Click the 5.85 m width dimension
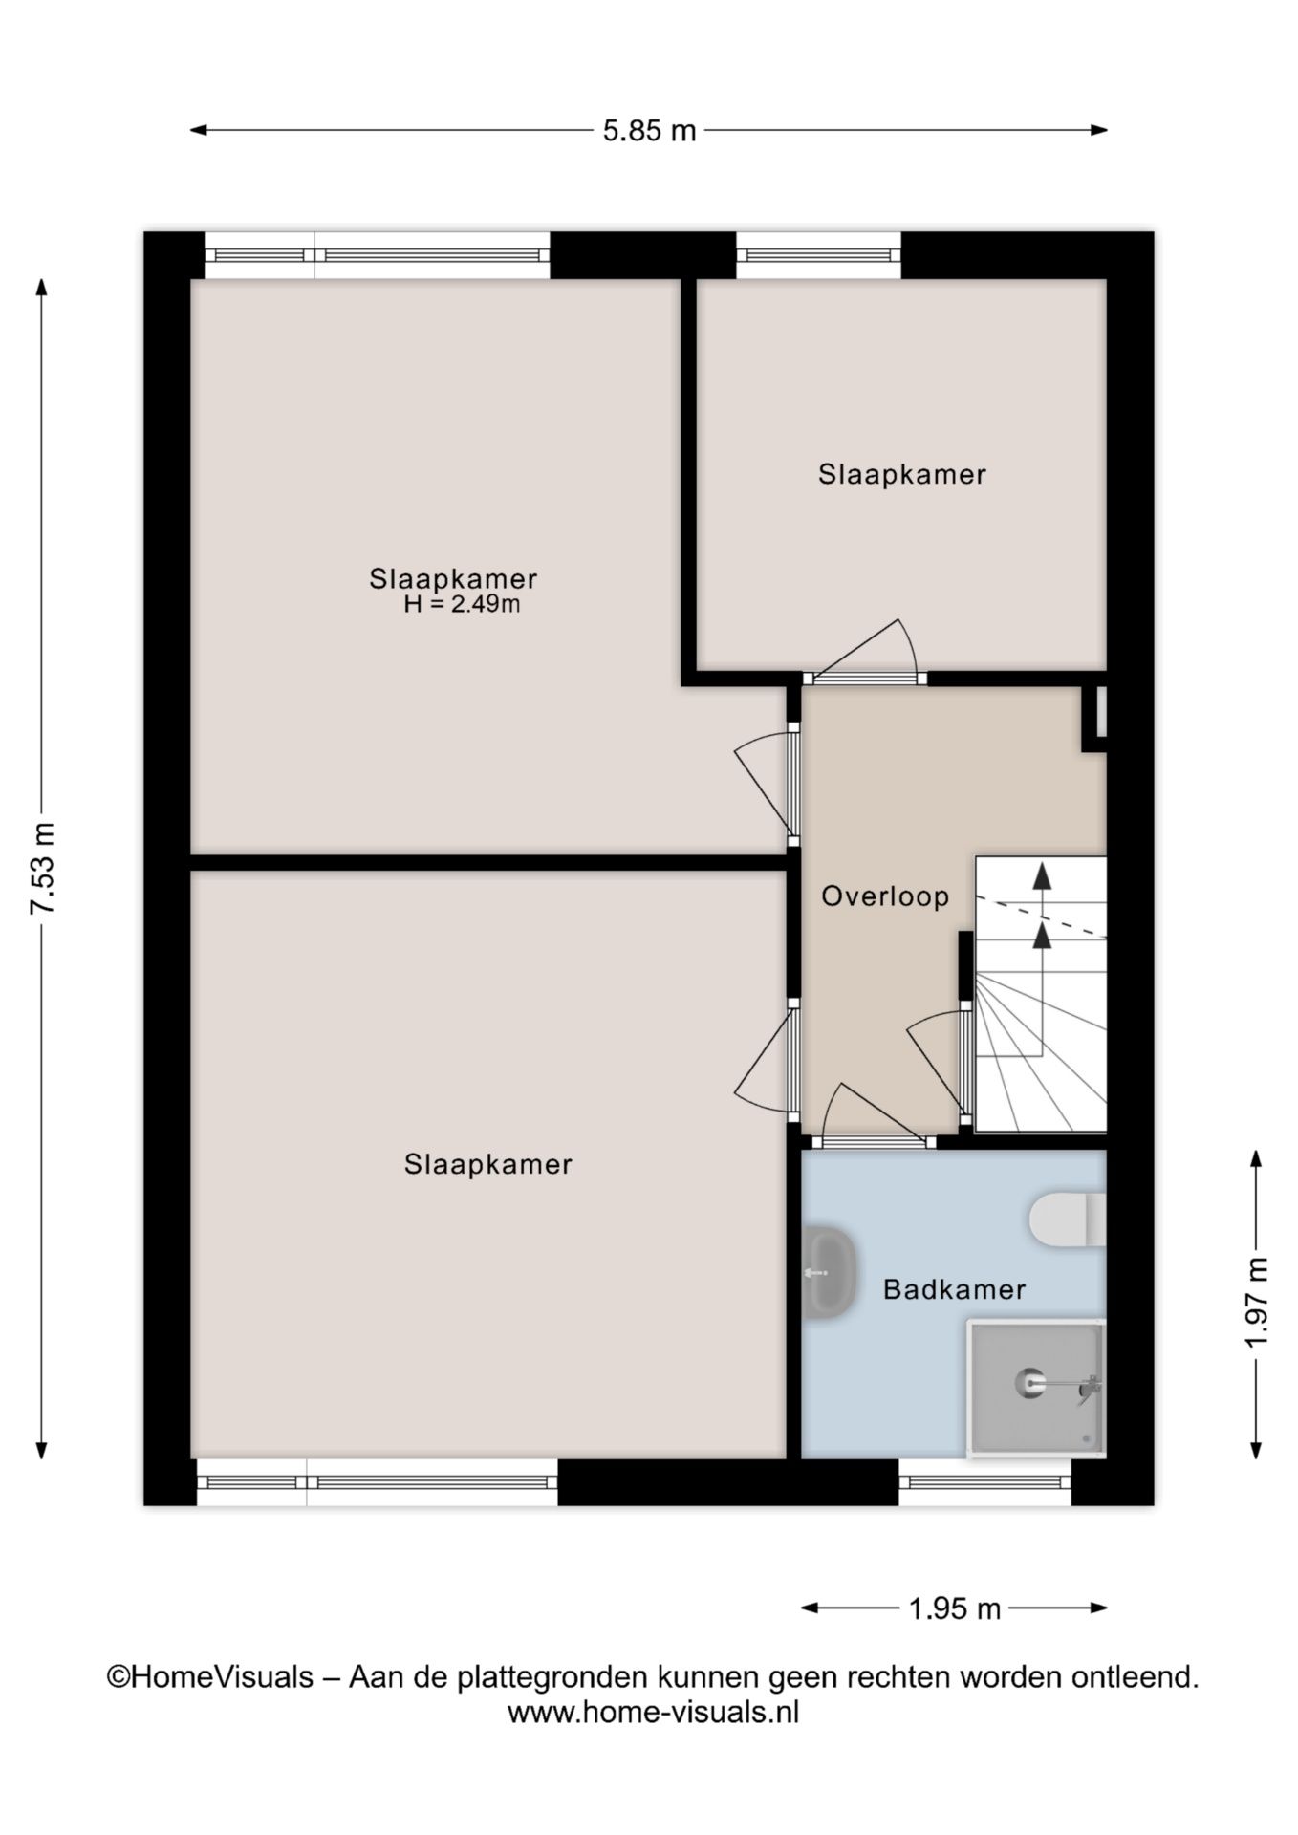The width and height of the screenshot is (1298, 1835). pyautogui.click(x=649, y=131)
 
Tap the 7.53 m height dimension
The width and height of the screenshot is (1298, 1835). pyautogui.click(x=43, y=868)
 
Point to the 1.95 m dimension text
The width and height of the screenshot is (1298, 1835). pyautogui.click(x=953, y=1609)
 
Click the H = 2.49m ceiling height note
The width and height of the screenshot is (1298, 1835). pyautogui.click(x=462, y=605)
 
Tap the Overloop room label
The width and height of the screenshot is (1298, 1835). pyautogui.click(x=885, y=896)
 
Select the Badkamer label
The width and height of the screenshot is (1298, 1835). pyautogui.click(x=954, y=1289)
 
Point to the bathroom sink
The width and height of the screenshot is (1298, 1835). pyautogui.click(x=827, y=1273)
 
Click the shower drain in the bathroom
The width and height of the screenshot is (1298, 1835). pyautogui.click(x=1029, y=1382)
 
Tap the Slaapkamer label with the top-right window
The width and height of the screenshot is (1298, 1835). pyautogui.click(x=901, y=474)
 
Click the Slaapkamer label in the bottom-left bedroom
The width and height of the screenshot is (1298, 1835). pyautogui.click(x=487, y=1164)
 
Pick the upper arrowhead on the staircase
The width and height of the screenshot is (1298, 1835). pyautogui.click(x=1042, y=875)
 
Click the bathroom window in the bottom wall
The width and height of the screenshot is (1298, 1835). pyautogui.click(x=985, y=1482)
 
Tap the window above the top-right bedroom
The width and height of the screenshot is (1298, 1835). pyautogui.click(x=818, y=255)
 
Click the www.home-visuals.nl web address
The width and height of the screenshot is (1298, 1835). pyautogui.click(x=653, y=1712)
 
